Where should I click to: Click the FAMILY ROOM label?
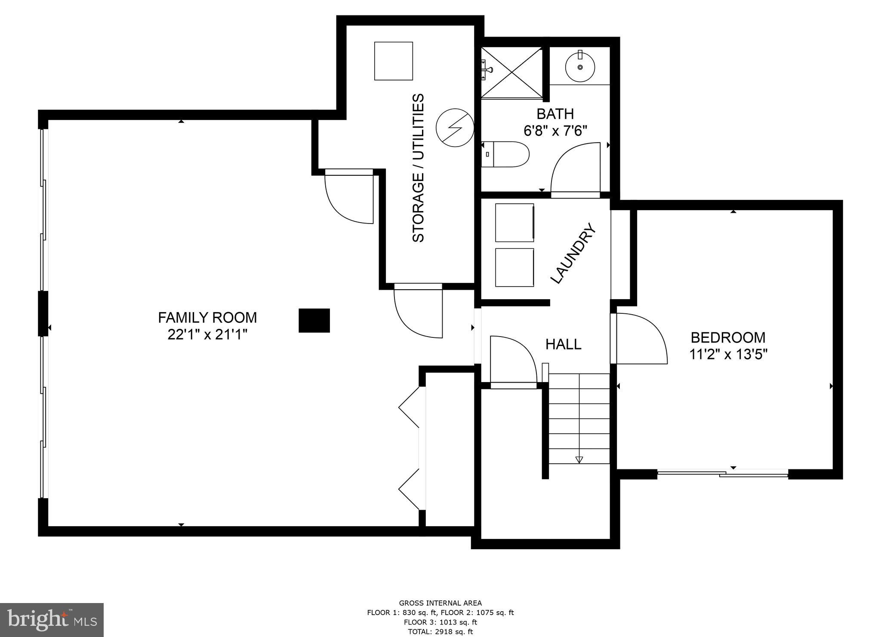point(207,318)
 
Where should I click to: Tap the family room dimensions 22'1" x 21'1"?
point(207,334)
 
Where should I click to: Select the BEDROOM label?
point(728,337)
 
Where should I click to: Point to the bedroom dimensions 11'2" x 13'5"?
point(729,355)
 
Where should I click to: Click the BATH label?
point(555,114)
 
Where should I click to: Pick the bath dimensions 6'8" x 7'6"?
point(555,130)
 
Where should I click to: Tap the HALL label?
point(564,344)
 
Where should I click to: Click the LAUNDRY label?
point(574,253)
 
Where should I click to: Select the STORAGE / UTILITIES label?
point(418,168)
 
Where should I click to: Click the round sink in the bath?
point(580,67)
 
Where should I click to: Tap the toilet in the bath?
point(505,154)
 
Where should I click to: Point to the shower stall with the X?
point(511,73)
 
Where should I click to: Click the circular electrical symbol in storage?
point(455,128)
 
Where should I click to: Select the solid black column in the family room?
point(314,321)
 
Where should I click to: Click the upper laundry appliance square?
point(514,223)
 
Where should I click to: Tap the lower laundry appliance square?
point(514,267)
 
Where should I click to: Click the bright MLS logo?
point(52,620)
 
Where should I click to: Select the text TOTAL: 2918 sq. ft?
point(440,631)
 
